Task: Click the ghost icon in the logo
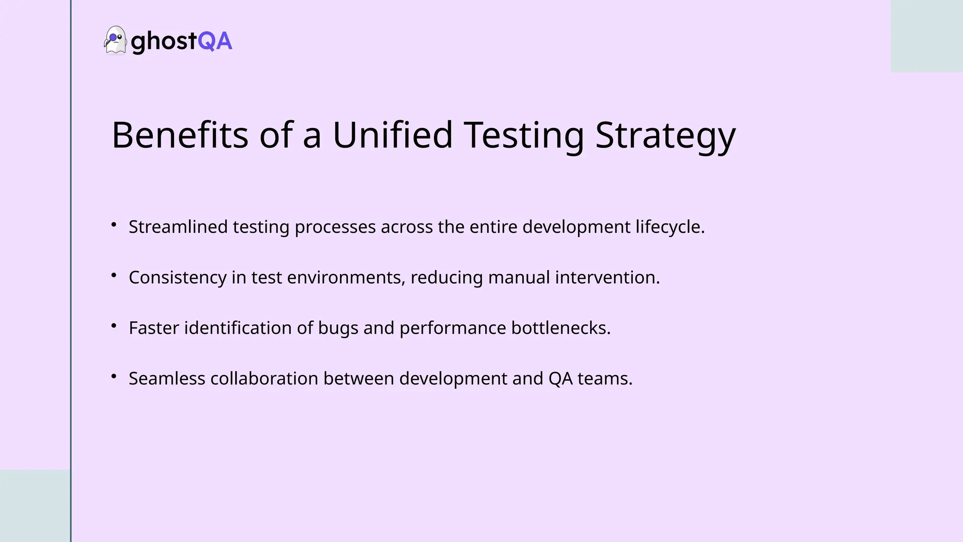click(115, 40)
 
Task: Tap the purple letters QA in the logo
click(215, 41)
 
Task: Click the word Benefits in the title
click(180, 135)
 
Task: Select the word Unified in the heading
click(393, 135)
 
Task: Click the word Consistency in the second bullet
click(177, 278)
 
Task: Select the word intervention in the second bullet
click(607, 278)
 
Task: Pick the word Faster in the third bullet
click(154, 328)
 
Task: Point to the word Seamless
click(167, 379)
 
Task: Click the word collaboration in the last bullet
click(264, 379)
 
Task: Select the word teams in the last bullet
click(605, 379)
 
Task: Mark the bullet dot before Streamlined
click(114, 225)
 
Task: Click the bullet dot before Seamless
click(114, 376)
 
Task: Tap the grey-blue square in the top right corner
click(926, 36)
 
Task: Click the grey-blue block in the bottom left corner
click(35, 506)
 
